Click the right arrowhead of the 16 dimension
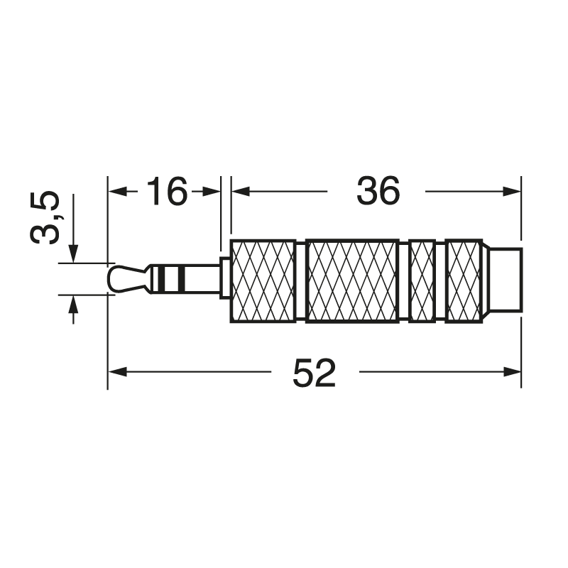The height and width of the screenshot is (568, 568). (x=212, y=191)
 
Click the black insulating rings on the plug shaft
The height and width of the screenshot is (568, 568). (x=168, y=278)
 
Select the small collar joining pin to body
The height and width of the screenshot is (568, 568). (x=225, y=278)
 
